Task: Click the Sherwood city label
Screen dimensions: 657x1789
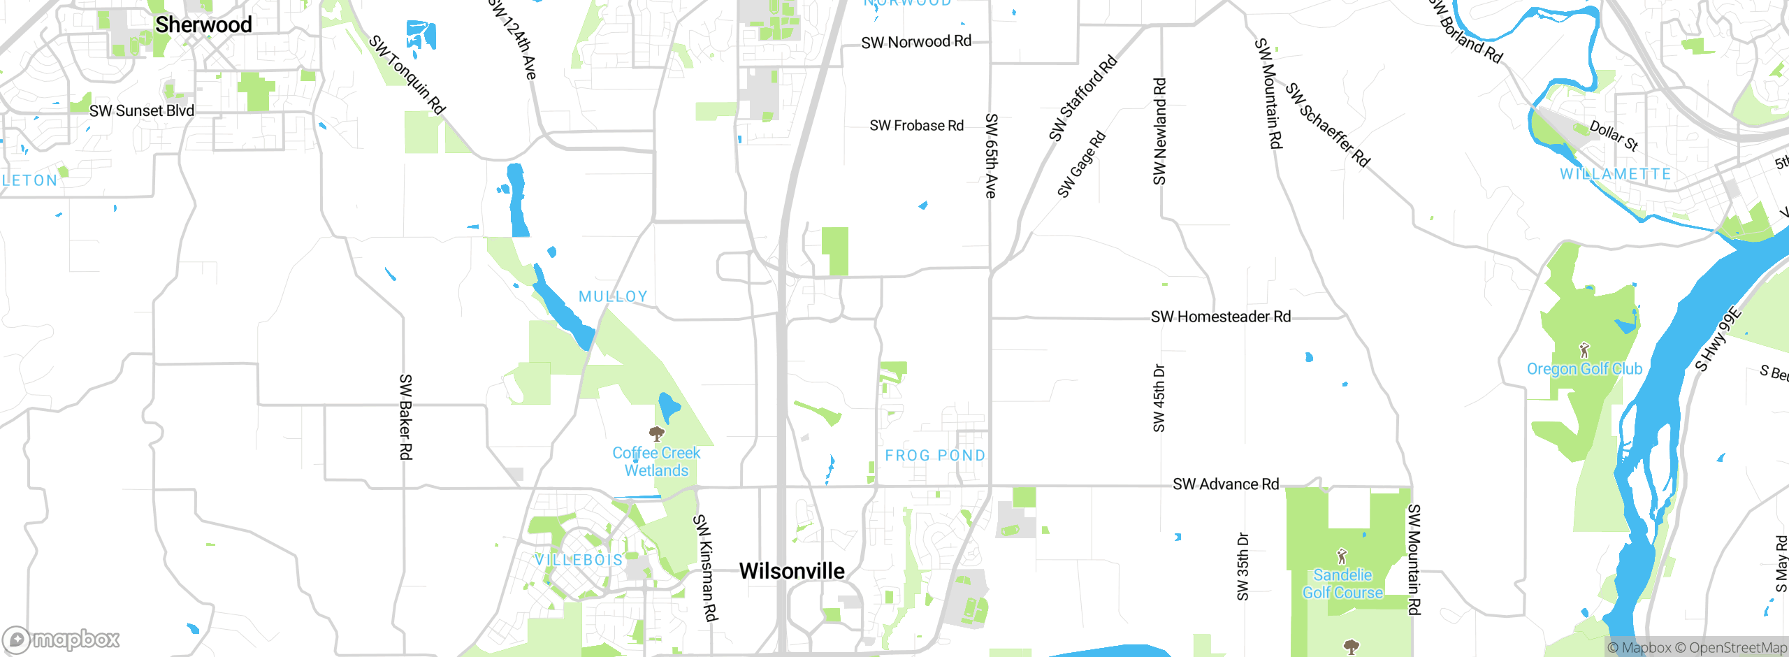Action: click(x=203, y=25)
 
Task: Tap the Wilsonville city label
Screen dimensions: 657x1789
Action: click(x=792, y=571)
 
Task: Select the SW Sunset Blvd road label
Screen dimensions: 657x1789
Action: click(x=142, y=110)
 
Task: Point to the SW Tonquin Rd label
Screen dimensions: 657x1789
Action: click(x=407, y=75)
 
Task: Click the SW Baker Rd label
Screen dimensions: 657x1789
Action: click(x=405, y=417)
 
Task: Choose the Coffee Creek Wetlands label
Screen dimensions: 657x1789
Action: click(x=656, y=461)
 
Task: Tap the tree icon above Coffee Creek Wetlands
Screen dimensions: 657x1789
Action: click(x=656, y=434)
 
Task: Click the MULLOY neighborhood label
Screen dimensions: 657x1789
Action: click(x=613, y=296)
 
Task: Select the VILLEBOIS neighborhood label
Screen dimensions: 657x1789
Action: click(x=579, y=560)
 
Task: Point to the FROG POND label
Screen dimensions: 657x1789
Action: click(x=935, y=456)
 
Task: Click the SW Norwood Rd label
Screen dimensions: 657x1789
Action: click(x=916, y=42)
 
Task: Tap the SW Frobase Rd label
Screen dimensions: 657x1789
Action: click(x=916, y=126)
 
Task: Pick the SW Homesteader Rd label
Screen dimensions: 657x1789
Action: click(x=1221, y=317)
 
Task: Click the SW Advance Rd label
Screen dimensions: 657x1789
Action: click(x=1226, y=484)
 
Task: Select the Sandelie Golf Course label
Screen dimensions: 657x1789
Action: click(x=1342, y=584)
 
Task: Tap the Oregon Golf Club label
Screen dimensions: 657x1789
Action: click(x=1584, y=369)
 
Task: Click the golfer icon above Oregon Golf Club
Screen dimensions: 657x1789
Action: click(x=1584, y=349)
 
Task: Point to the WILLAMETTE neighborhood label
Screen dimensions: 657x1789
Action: click(x=1615, y=174)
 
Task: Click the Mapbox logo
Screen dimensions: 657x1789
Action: click(x=61, y=639)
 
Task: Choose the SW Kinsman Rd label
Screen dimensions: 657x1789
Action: click(x=705, y=568)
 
